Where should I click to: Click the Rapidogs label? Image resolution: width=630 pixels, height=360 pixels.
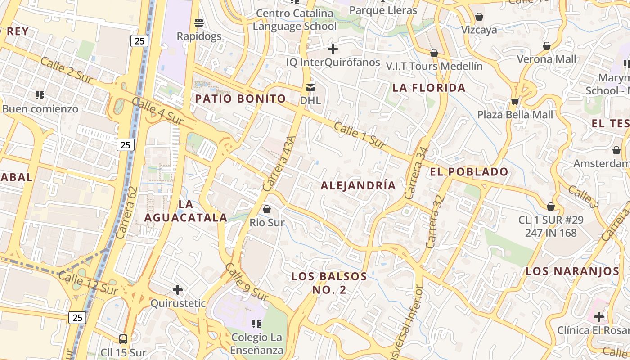coord(199,36)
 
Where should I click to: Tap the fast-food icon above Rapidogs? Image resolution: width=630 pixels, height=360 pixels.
coord(199,22)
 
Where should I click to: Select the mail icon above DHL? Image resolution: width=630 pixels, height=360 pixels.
coord(310,88)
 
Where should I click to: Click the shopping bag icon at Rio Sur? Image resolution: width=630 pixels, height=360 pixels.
coord(267,209)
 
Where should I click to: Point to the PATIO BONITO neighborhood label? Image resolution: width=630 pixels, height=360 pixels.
coord(240,99)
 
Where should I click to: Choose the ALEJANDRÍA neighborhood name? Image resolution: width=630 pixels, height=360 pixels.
coord(358,185)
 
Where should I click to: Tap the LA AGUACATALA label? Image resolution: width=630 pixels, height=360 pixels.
coord(185,211)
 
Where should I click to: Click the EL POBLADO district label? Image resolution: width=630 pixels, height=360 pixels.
coord(469,171)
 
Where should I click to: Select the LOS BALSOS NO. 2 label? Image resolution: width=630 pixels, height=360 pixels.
coord(329,283)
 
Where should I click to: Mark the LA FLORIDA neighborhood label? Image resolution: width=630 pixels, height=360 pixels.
coord(429,88)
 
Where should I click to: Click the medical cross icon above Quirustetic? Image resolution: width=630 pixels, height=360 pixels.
coord(178,289)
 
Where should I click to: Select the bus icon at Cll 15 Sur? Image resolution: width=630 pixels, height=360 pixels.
coord(123,339)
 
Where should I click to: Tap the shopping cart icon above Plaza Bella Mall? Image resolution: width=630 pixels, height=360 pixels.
coord(515,101)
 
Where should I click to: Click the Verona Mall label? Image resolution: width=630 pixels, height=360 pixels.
coord(546,59)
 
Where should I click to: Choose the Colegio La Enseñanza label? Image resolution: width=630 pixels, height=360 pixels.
coord(257,344)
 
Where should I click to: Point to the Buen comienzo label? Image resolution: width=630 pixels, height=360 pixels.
coord(40,109)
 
